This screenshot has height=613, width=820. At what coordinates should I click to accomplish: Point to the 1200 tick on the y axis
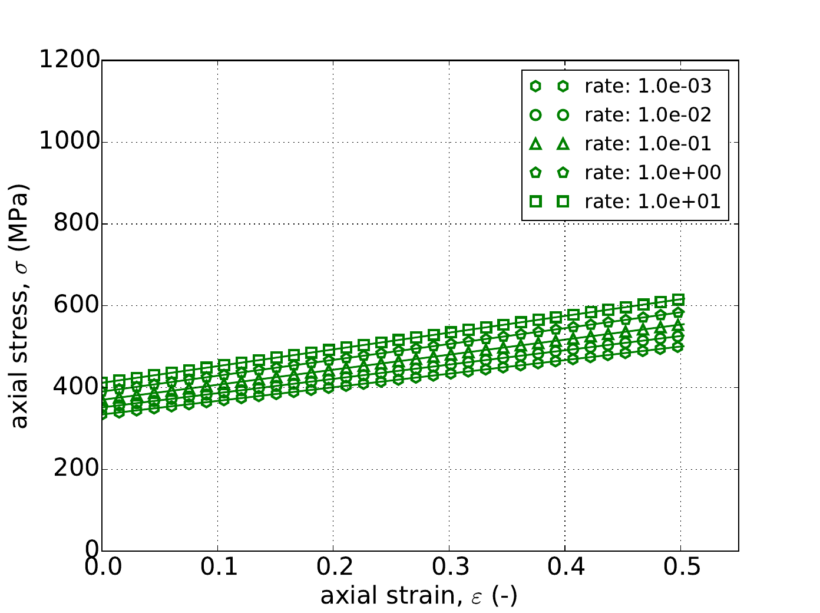[70, 60]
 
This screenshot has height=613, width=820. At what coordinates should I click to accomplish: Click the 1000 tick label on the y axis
[70, 142]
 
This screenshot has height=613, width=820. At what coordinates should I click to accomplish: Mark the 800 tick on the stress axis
[76, 224]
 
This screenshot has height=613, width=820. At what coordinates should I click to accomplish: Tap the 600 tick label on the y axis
[76, 306]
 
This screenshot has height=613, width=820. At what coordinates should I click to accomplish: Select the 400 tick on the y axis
[76, 387]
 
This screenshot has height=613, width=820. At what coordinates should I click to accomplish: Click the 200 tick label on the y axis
[76, 469]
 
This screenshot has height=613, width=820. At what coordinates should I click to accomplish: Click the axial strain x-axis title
[419, 596]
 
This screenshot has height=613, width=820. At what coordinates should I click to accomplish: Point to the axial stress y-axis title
[20, 305]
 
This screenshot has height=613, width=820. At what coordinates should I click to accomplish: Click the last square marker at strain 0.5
[679, 300]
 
